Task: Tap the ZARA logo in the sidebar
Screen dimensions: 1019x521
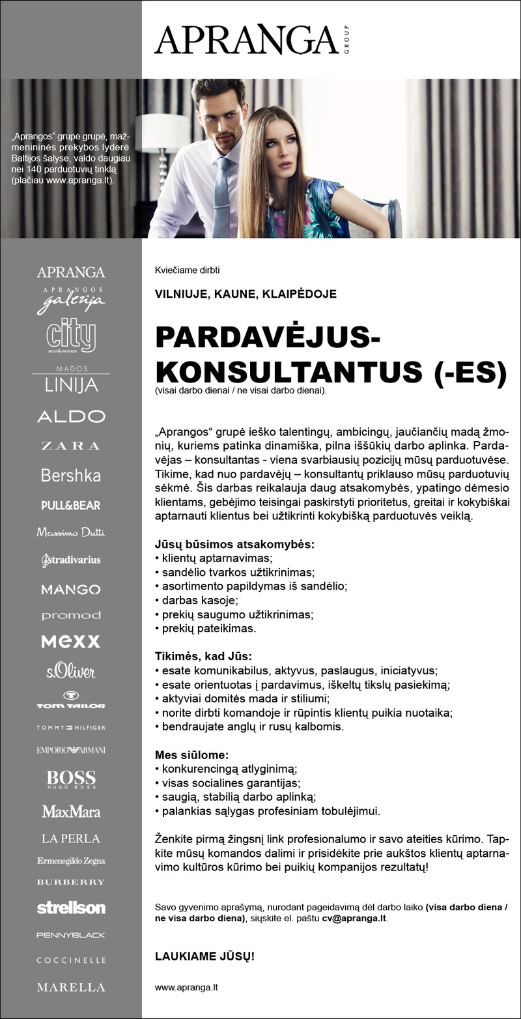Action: tap(71, 446)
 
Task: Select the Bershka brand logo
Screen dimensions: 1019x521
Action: tap(71, 476)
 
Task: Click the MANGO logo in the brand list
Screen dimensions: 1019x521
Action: tap(71, 590)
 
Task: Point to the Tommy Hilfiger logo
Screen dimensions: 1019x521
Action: tap(71, 727)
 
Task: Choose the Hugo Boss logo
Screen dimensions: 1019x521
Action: tap(71, 779)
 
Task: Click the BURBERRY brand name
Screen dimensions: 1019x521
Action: tap(71, 882)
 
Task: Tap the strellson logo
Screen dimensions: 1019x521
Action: tap(71, 908)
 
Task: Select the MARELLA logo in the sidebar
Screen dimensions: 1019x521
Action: tap(71, 987)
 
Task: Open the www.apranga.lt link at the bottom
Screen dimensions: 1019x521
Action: tap(186, 987)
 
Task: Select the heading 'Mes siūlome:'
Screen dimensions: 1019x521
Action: tap(191, 755)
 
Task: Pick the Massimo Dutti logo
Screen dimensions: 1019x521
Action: tap(71, 533)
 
